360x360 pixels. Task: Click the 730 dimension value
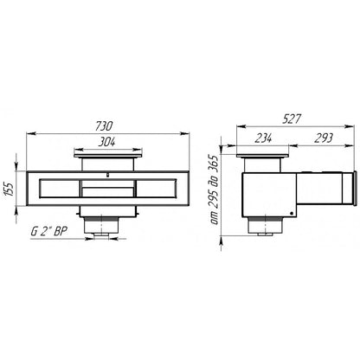pyautogui.click(x=104, y=126)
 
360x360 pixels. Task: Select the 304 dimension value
pyautogui.click(x=106, y=142)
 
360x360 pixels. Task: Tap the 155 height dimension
pyautogui.click(x=10, y=189)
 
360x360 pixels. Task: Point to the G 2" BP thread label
pyautogui.click(x=49, y=232)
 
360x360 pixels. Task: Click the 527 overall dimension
pyautogui.click(x=292, y=119)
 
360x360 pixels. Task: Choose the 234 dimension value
pyautogui.click(x=263, y=138)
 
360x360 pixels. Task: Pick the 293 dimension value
pyautogui.click(x=324, y=138)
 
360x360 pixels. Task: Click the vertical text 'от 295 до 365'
pyautogui.click(x=215, y=190)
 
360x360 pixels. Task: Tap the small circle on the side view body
pyautogui.click(x=292, y=214)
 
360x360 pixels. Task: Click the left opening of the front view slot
pyautogui.click(x=59, y=189)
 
